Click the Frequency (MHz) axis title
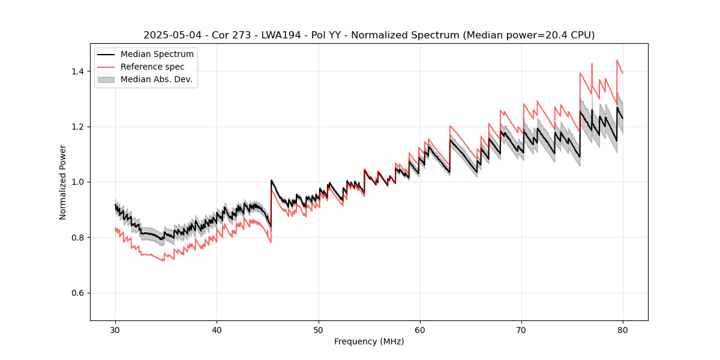pyautogui.click(x=369, y=341)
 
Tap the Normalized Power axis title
pyautogui.click(x=63, y=182)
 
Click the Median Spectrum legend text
pyautogui.click(x=157, y=55)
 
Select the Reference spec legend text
pyautogui.click(x=152, y=67)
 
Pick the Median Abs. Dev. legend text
pyautogui.click(x=157, y=79)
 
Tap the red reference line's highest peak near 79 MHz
pyautogui.click(x=617, y=61)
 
